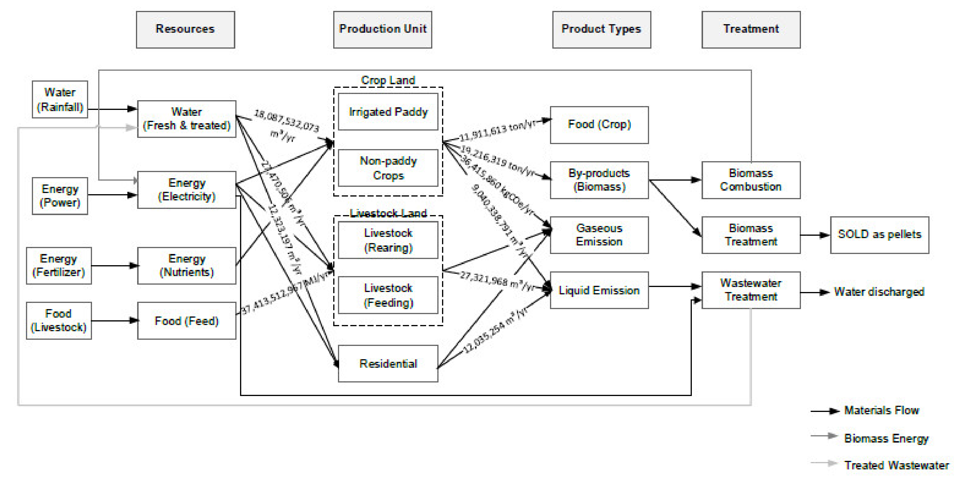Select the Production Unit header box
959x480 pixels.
pos(382,29)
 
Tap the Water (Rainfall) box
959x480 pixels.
pos(60,99)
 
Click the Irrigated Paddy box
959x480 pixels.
pos(388,112)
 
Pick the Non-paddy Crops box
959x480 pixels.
pos(388,168)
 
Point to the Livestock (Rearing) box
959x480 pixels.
pos(388,240)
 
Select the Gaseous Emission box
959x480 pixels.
pos(599,235)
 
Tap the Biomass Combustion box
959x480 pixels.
pos(751,180)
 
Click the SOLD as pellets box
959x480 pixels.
pos(879,235)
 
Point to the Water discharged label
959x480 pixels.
pos(878,292)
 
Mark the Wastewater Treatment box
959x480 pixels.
pos(751,290)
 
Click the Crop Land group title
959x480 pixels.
pos(388,80)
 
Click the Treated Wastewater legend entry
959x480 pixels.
pos(896,465)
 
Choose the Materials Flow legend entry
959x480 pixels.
pos(881,410)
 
